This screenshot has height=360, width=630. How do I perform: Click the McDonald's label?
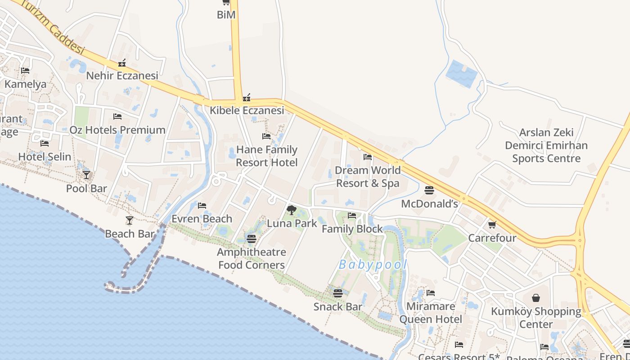coord(429,204)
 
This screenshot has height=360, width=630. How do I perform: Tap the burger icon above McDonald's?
coord(429,190)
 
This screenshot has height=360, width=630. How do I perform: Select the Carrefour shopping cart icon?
coord(492,224)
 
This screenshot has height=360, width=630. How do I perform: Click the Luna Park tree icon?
coord(292,210)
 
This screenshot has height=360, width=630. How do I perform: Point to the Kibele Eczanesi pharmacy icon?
coord(247,97)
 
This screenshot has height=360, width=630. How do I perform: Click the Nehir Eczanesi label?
coord(122,75)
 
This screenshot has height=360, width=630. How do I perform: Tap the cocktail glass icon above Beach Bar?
coord(130,220)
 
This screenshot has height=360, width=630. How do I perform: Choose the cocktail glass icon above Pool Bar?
coord(86,175)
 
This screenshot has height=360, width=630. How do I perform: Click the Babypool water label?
coord(373,265)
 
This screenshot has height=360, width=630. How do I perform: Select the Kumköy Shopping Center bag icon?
coord(536,298)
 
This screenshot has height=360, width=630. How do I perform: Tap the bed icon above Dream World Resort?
coord(368,157)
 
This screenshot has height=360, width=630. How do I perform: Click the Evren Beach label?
coord(202,219)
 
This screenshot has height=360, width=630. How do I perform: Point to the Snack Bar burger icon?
coord(338,293)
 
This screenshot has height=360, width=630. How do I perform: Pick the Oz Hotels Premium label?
coord(117,130)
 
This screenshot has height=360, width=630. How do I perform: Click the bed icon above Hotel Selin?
coord(45,144)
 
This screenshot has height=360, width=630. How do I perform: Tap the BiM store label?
coord(226,14)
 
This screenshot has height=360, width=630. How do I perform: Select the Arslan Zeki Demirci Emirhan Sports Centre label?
coord(546,145)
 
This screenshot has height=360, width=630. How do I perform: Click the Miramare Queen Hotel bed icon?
coord(431,293)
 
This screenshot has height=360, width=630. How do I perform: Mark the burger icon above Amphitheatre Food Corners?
coord(252,239)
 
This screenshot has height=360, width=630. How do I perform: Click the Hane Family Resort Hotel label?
coord(267,156)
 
